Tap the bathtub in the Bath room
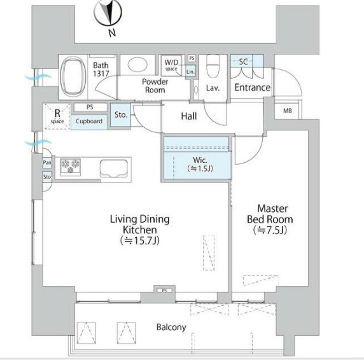73,76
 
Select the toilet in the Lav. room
213,66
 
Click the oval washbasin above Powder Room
137,64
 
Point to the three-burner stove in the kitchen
71,166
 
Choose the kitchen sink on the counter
114,169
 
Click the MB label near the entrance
288,111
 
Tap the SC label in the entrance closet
243,62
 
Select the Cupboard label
89,121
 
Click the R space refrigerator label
57,116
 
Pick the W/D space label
171,65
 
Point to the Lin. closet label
190,72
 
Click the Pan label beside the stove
47,162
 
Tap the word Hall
189,116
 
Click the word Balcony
171,328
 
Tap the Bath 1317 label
101,69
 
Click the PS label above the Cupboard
90,107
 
